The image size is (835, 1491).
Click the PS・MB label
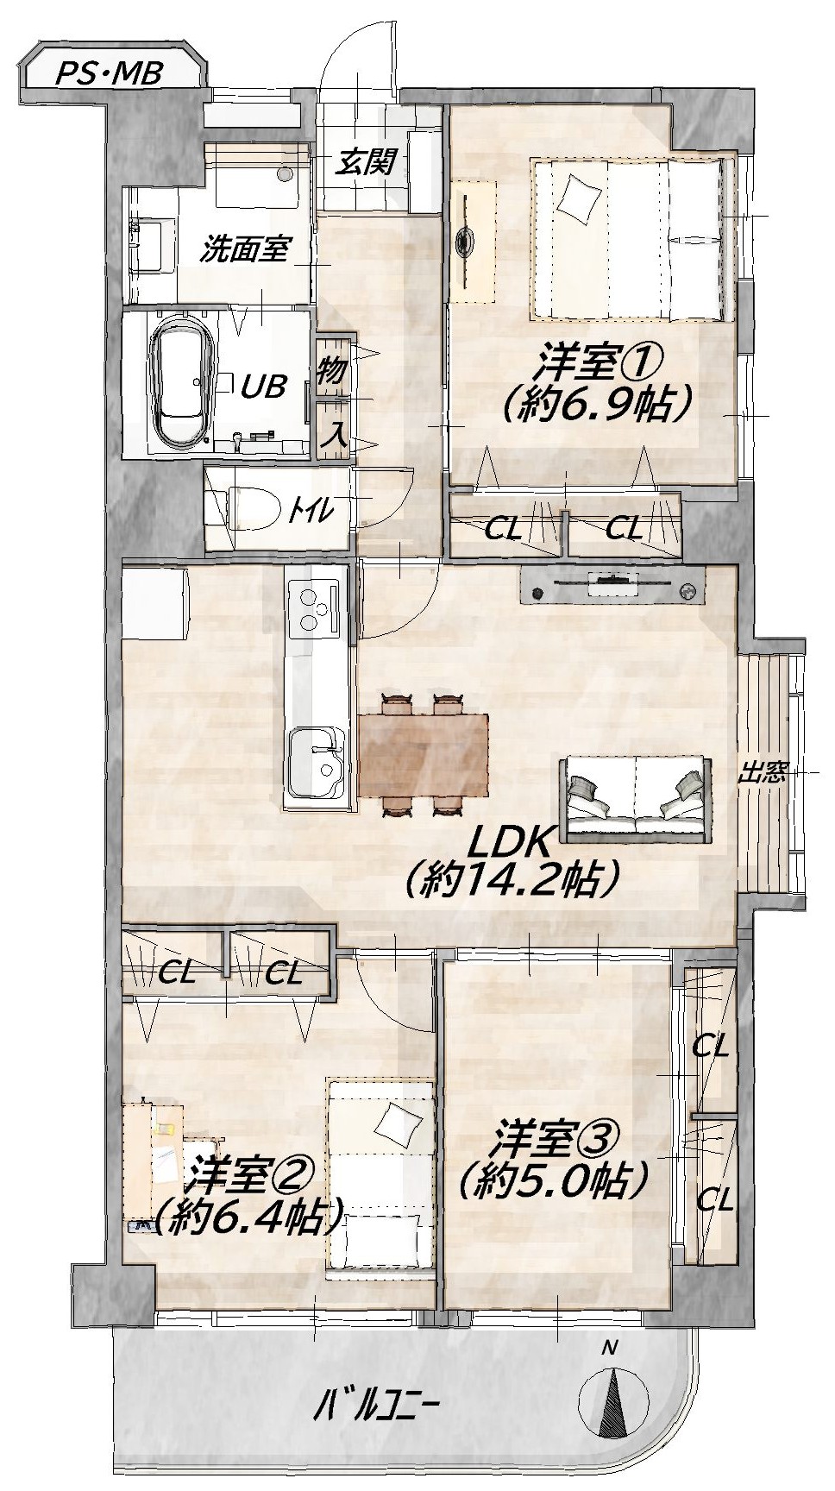109,74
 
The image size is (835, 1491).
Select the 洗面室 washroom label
244,251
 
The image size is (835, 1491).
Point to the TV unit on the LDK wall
612,589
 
